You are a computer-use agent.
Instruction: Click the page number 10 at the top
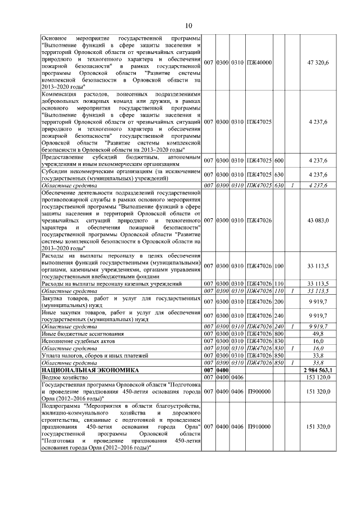pyautogui.click(x=188, y=25)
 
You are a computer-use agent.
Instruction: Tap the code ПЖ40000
pyautogui.click(x=259, y=62)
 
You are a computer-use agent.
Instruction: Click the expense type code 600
pyautogui.click(x=278, y=160)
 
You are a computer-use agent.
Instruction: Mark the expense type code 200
pyautogui.click(x=278, y=302)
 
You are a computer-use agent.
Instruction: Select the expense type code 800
pyautogui.click(x=278, y=334)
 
